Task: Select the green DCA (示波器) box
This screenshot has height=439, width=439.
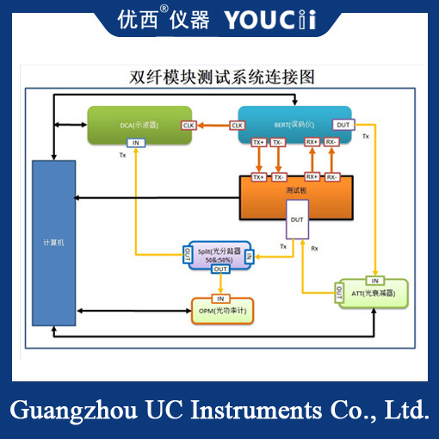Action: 138,125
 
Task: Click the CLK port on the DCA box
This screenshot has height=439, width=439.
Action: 189,126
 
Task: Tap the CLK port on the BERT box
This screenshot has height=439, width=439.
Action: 237,126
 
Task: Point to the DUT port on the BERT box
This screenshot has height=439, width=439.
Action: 343,126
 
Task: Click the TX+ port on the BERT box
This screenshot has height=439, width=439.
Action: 258,142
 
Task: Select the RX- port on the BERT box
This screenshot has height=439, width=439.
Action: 331,142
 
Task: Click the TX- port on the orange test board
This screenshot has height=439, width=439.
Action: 279,176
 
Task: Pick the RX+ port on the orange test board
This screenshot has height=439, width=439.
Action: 312,176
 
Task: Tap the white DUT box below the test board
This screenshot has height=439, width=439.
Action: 297,221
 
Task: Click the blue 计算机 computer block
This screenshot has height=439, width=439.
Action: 53,243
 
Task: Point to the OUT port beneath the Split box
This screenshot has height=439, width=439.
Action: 220,269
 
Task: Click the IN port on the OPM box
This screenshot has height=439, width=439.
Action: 220,298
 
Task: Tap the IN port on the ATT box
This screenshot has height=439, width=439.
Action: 374,280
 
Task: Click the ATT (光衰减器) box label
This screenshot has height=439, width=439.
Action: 379,294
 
